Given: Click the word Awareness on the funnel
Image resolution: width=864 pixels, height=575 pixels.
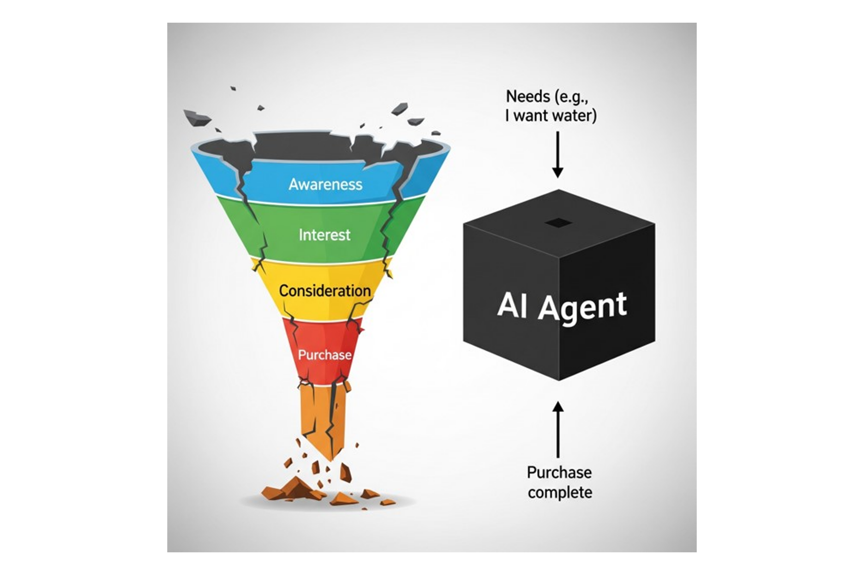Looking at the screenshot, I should [x=325, y=184].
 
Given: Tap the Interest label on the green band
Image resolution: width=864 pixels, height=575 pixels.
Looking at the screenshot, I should [x=325, y=235].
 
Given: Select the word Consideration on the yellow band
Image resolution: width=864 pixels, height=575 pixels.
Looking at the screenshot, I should [x=325, y=291].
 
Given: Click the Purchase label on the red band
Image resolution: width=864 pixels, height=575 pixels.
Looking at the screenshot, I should [x=325, y=355].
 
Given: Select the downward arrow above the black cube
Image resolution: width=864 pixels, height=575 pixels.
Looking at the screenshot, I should [x=558, y=154].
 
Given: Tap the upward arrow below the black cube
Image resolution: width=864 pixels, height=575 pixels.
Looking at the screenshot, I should [x=558, y=429].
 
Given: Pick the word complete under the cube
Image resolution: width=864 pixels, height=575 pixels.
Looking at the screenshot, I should [x=560, y=492].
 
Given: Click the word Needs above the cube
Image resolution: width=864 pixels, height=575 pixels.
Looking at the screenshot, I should [x=528, y=96].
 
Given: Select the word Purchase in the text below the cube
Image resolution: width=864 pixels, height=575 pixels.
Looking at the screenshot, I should [x=559, y=472].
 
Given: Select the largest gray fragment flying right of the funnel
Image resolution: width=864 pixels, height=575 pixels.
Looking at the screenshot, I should [x=400, y=109].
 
